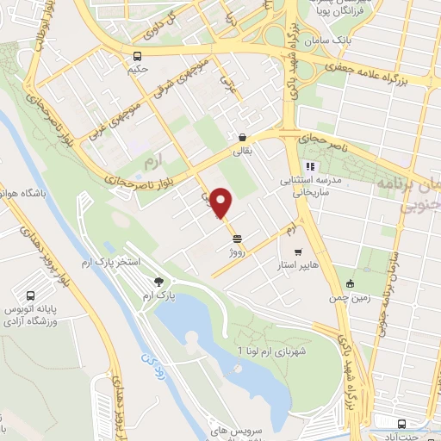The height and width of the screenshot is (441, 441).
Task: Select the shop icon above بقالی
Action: [x=243, y=137]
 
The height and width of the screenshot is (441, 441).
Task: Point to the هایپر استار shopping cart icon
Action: [x=298, y=253]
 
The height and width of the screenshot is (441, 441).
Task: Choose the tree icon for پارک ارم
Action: [x=158, y=281]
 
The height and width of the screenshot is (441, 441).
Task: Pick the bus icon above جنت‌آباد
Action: [x=402, y=423]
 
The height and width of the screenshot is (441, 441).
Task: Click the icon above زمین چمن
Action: [x=350, y=283]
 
